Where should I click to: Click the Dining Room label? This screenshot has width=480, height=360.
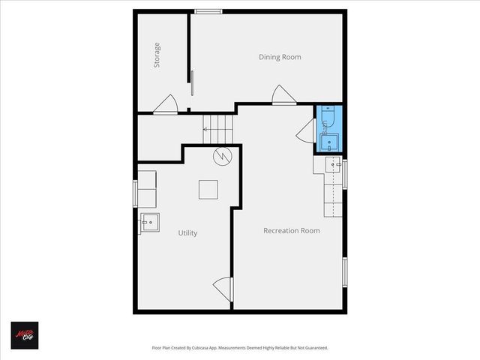[280, 57]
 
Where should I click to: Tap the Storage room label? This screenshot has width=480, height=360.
[157, 55]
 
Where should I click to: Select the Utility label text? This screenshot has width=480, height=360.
[187, 233]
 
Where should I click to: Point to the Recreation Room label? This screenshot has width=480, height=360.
[292, 230]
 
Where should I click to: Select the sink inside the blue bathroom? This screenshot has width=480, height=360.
[329, 142]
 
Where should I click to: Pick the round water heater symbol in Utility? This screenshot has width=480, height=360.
[223, 157]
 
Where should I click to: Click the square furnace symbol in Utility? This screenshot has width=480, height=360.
[208, 190]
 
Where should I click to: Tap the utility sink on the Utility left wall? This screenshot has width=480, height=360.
[148, 222]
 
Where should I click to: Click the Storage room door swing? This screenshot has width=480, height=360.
[166, 106]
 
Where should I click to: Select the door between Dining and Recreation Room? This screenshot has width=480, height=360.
[283, 95]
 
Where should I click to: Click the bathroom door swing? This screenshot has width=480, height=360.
[305, 130]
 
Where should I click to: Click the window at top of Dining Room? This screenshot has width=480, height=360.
[208, 10]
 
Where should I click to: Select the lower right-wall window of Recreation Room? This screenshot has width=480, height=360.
[345, 271]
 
